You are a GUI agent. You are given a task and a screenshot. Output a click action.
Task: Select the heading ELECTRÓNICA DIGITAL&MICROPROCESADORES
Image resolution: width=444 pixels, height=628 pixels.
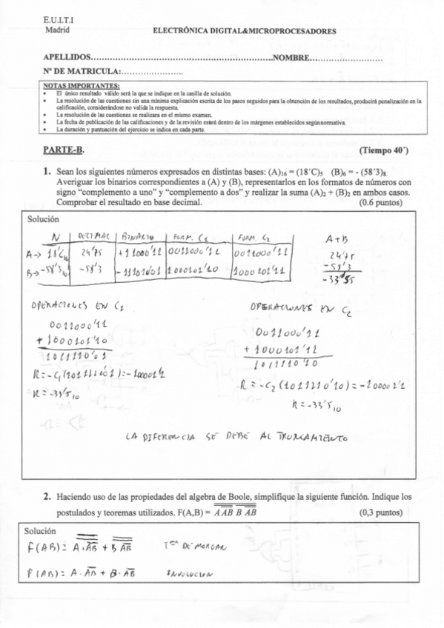click(x=244, y=31)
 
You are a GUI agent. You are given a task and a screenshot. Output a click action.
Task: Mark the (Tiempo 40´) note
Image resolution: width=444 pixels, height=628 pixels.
click(x=384, y=150)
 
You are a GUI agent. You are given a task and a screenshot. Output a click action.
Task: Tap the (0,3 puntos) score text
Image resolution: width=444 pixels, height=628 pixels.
click(x=382, y=511)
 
